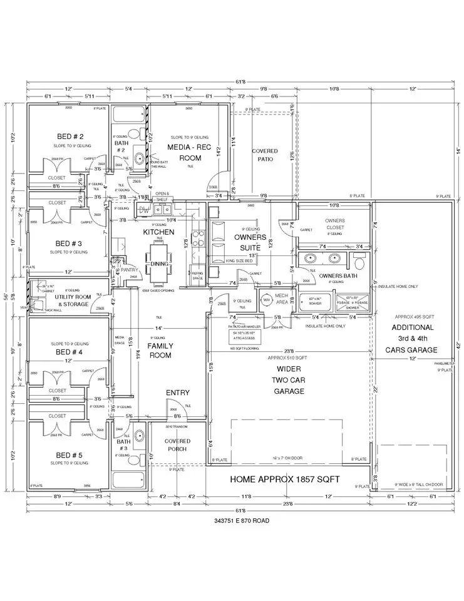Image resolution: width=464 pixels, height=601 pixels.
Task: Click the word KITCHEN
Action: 158,232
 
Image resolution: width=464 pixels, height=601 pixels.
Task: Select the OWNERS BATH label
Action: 338,275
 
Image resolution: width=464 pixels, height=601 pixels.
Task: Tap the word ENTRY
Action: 178,393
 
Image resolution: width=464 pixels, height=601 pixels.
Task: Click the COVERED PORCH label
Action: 177,445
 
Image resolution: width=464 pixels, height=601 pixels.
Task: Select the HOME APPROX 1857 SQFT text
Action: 285,480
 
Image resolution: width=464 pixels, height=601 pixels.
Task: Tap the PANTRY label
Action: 129,270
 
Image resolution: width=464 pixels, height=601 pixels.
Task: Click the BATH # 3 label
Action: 123,445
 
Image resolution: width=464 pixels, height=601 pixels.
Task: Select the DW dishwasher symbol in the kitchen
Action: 144,210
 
